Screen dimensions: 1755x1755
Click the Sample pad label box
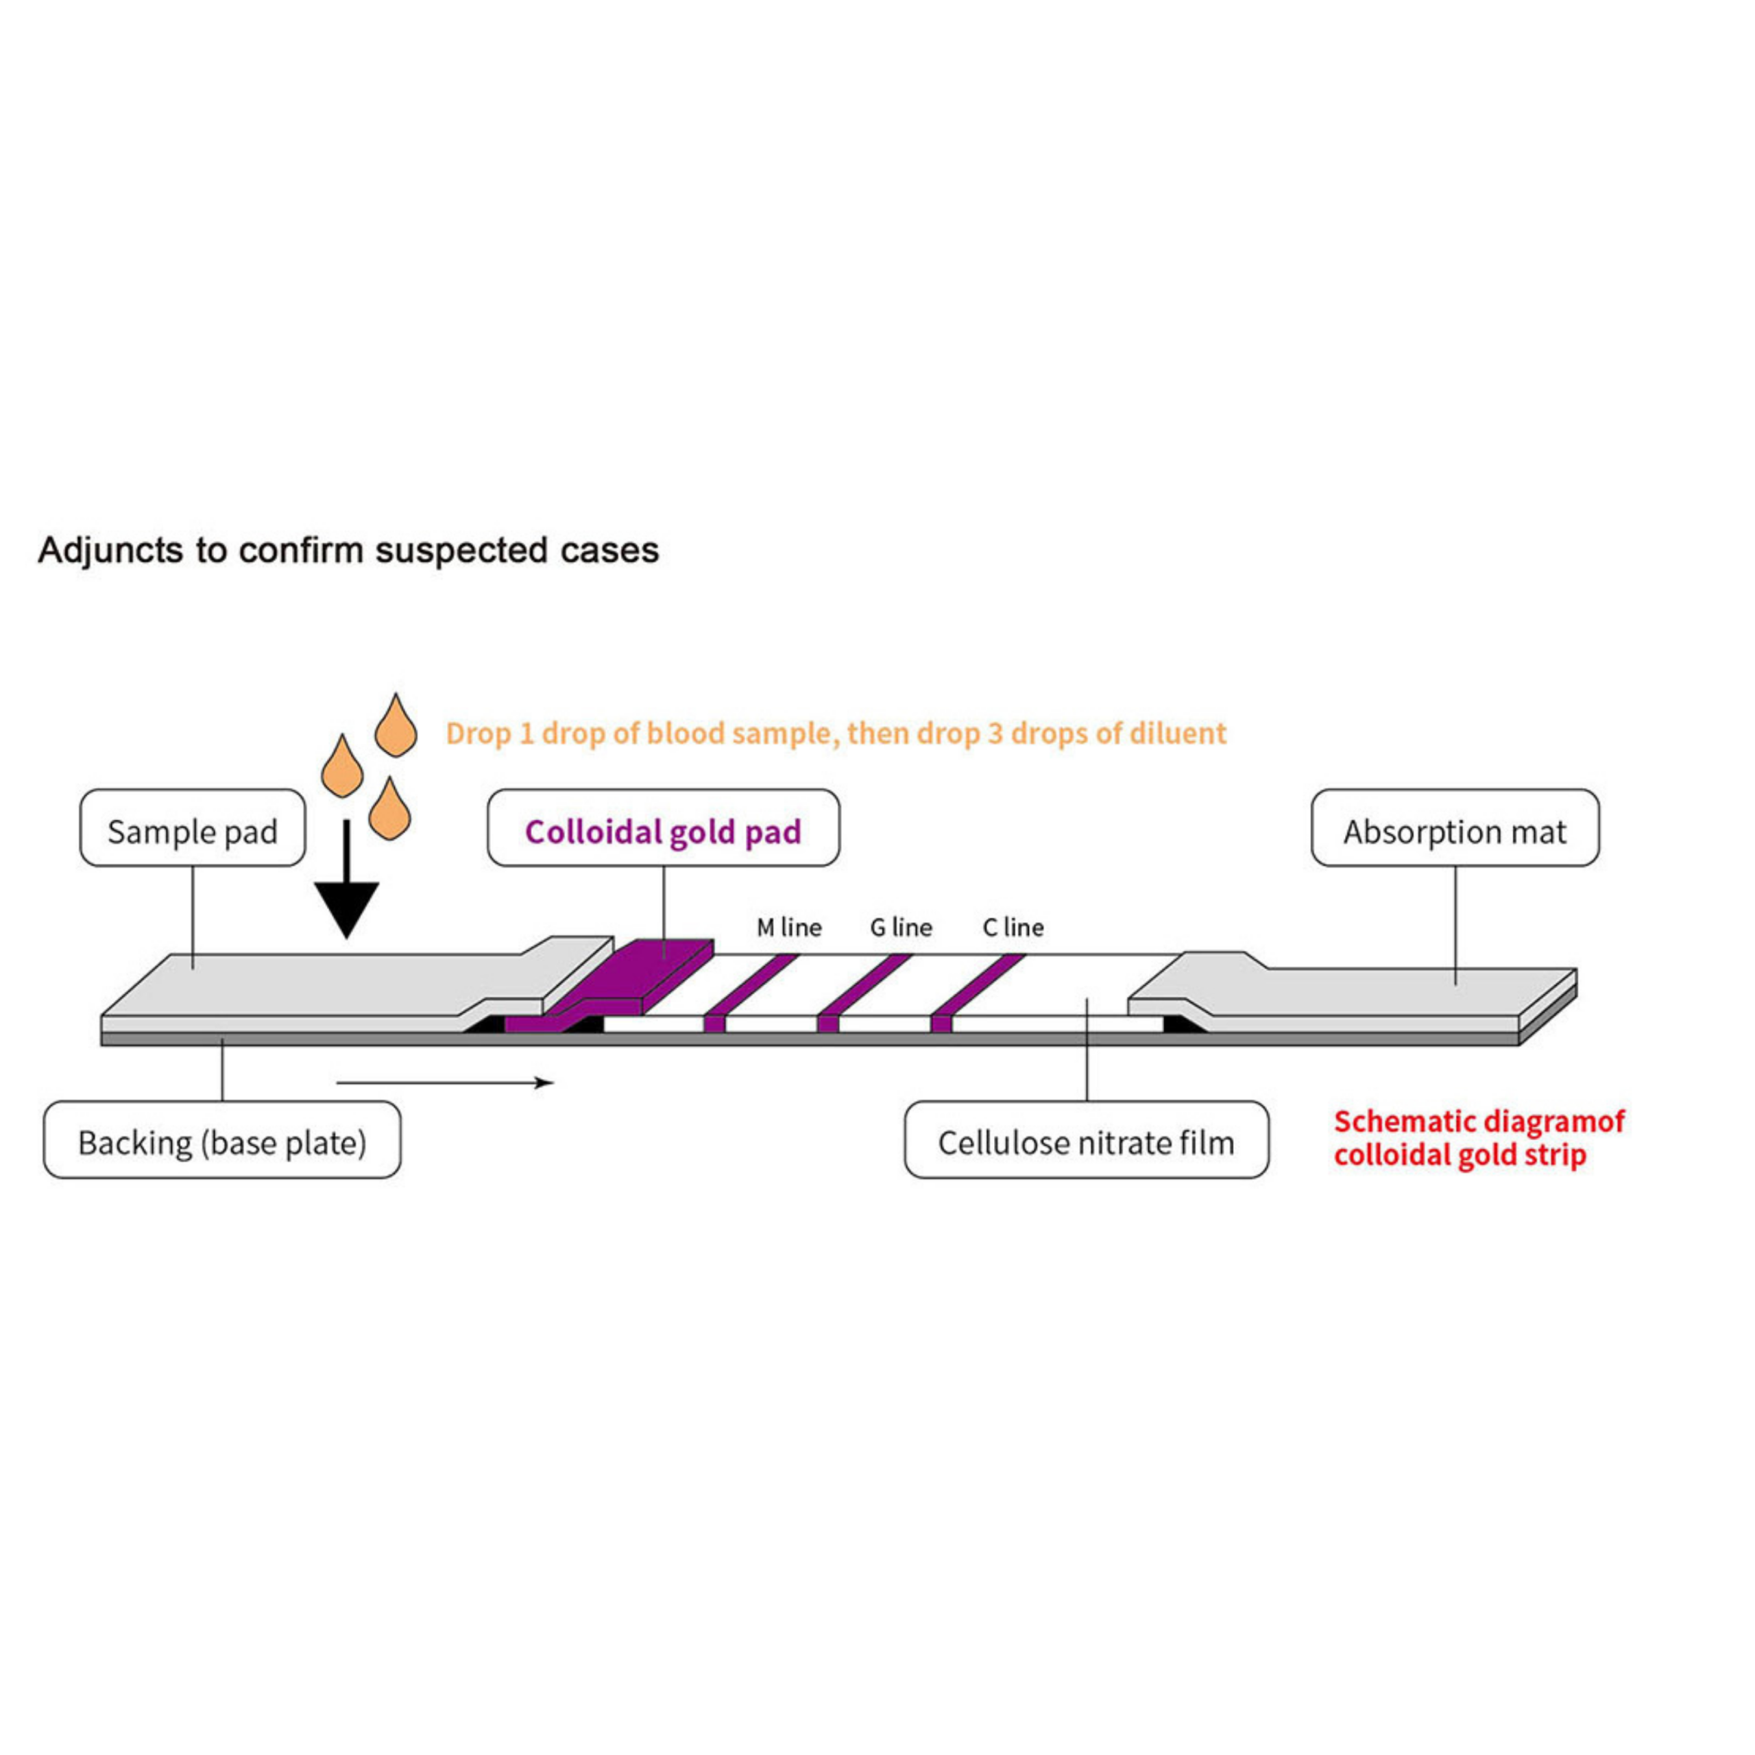[x=193, y=827]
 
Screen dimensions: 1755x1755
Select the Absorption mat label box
[x=1455, y=827]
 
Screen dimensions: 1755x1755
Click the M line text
[x=788, y=928]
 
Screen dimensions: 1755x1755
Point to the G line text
[x=901, y=928]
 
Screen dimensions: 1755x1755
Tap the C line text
[x=1013, y=928]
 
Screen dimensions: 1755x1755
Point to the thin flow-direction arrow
[x=445, y=1082]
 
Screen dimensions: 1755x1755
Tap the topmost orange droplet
[x=396, y=727]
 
